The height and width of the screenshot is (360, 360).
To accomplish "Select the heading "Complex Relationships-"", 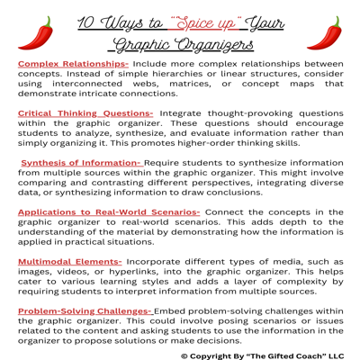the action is [73, 65].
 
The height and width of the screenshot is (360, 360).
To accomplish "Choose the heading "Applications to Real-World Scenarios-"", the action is [108, 212].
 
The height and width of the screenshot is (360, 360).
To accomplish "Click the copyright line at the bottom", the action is [260, 355].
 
